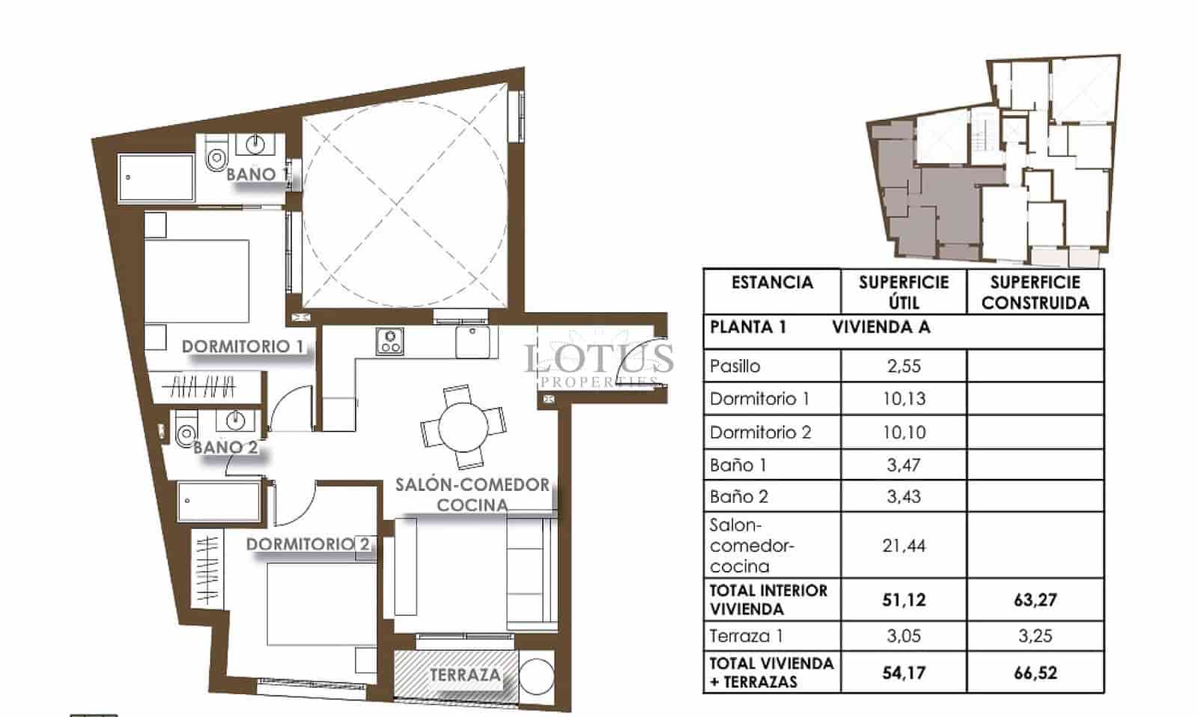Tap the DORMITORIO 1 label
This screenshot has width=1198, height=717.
click(243, 347)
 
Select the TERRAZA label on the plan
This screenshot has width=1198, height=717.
click(465, 674)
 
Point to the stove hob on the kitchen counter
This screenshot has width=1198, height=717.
click(389, 342)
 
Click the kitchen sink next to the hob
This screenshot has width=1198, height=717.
click(472, 341)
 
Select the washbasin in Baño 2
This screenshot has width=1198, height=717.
click(235, 421)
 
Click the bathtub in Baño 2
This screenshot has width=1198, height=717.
click(219, 501)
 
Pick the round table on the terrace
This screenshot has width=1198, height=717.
click(537, 676)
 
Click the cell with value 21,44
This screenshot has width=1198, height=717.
click(904, 546)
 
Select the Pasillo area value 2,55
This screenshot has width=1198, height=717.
click(904, 366)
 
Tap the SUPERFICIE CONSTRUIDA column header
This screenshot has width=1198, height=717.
click(1035, 292)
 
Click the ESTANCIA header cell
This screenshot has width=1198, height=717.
click(772, 283)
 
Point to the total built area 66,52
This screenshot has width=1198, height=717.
click(1035, 672)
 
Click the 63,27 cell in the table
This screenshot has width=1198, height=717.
click(1035, 599)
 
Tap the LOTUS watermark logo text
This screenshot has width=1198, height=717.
click(599, 358)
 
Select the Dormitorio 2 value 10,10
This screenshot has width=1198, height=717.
click(904, 432)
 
